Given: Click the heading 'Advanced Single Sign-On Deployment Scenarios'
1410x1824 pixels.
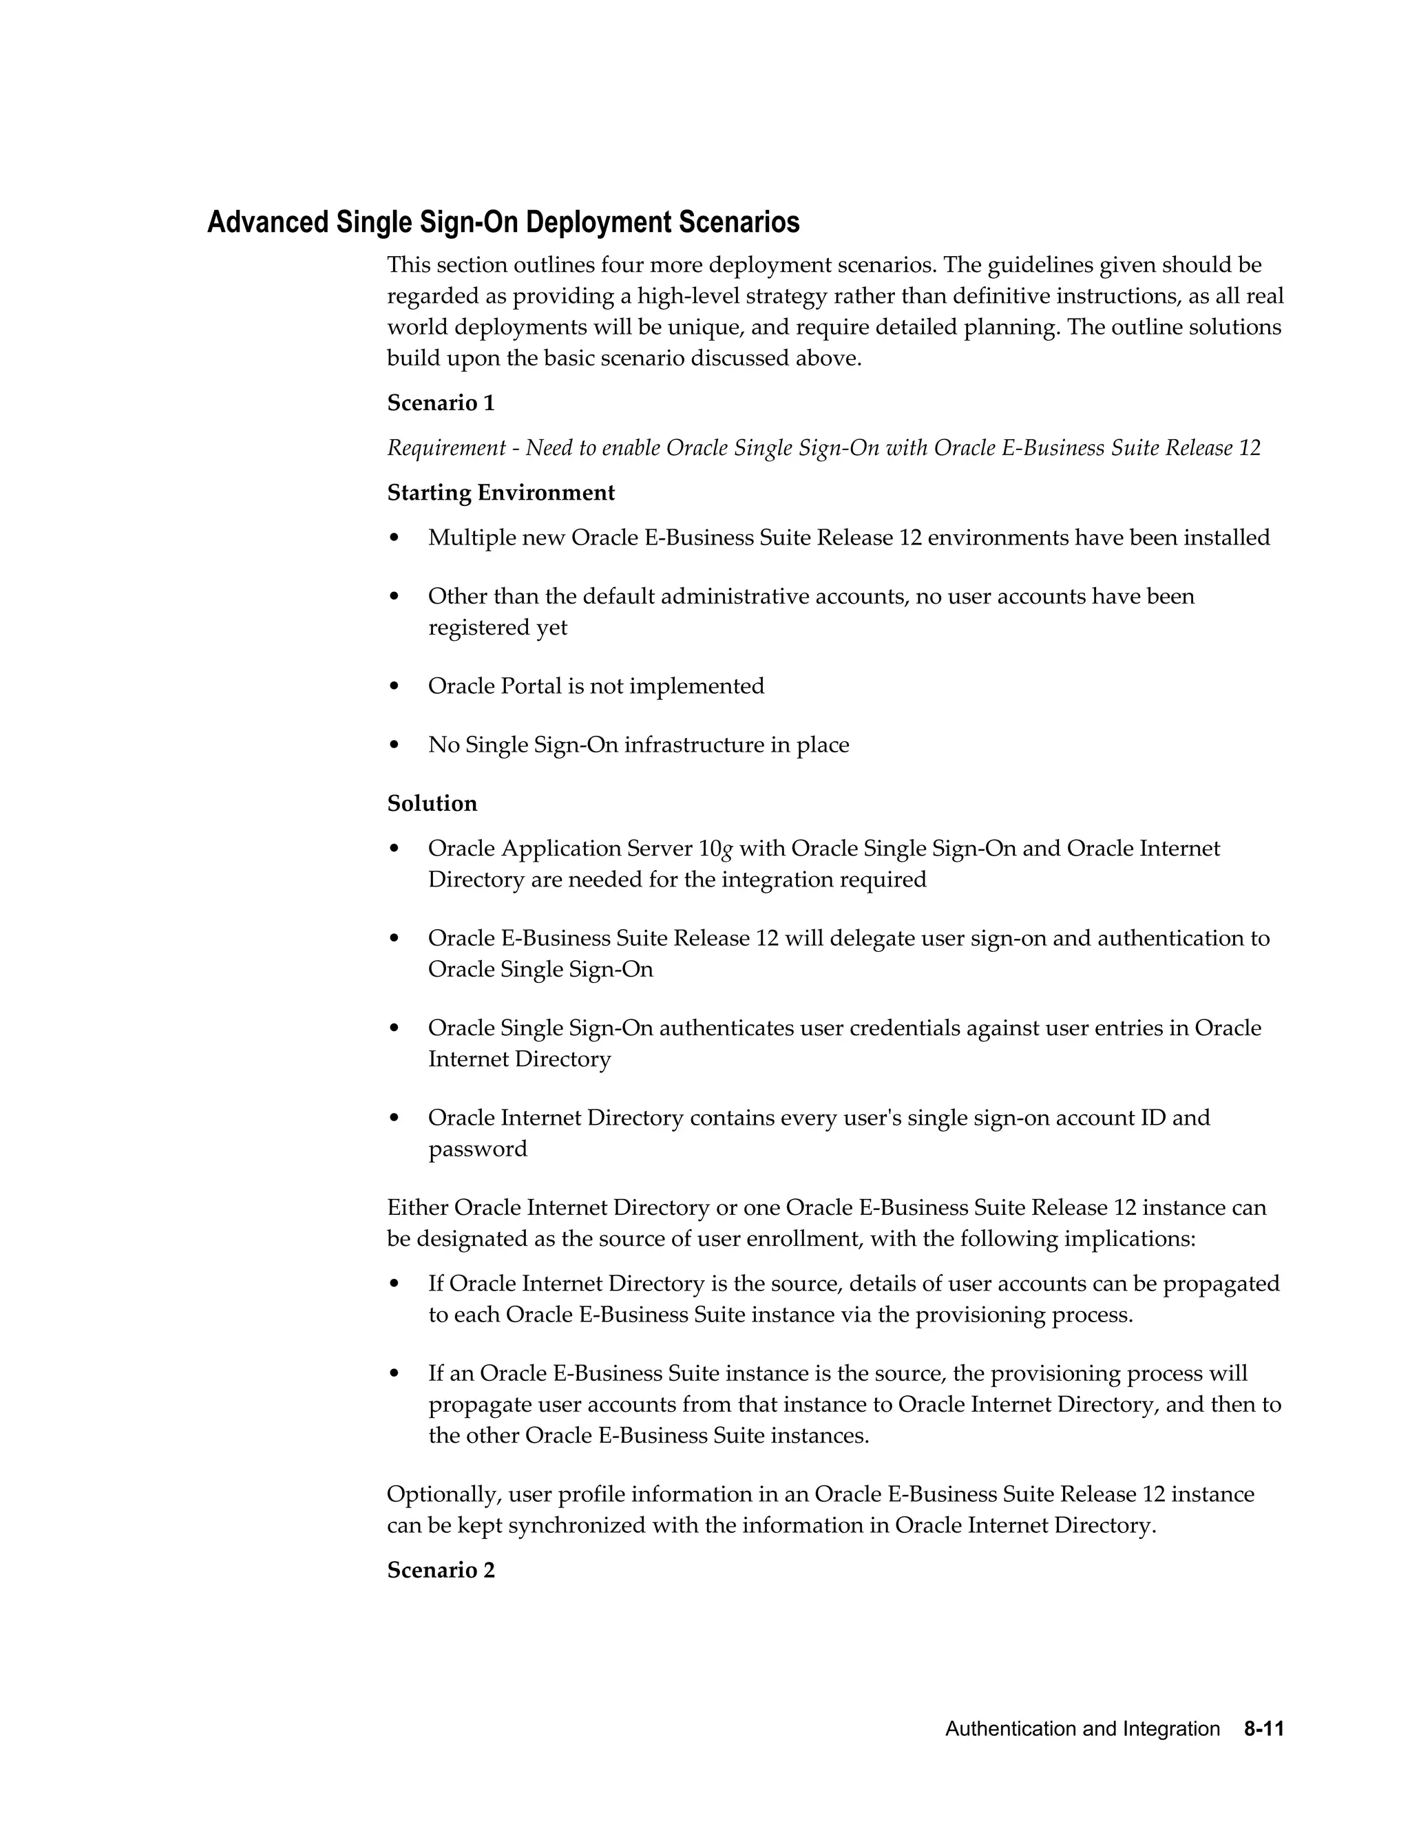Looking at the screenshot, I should coord(503,222).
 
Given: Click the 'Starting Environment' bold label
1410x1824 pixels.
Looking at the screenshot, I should coord(501,493).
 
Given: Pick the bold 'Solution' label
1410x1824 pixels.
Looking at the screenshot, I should coord(432,803).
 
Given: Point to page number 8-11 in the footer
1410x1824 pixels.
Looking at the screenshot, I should coord(1263,1729).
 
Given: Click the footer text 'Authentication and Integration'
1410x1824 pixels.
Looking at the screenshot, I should coord(1082,1729).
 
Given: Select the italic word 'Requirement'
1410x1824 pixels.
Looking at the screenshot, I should coord(446,449).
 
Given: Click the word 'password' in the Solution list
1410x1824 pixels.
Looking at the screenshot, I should coord(478,1149).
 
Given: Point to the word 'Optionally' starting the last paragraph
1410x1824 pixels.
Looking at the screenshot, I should coord(443,1494).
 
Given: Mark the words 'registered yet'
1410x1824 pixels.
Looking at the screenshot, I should coord(497,628).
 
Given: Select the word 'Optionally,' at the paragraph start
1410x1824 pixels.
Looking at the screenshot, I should coord(443,1494).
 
